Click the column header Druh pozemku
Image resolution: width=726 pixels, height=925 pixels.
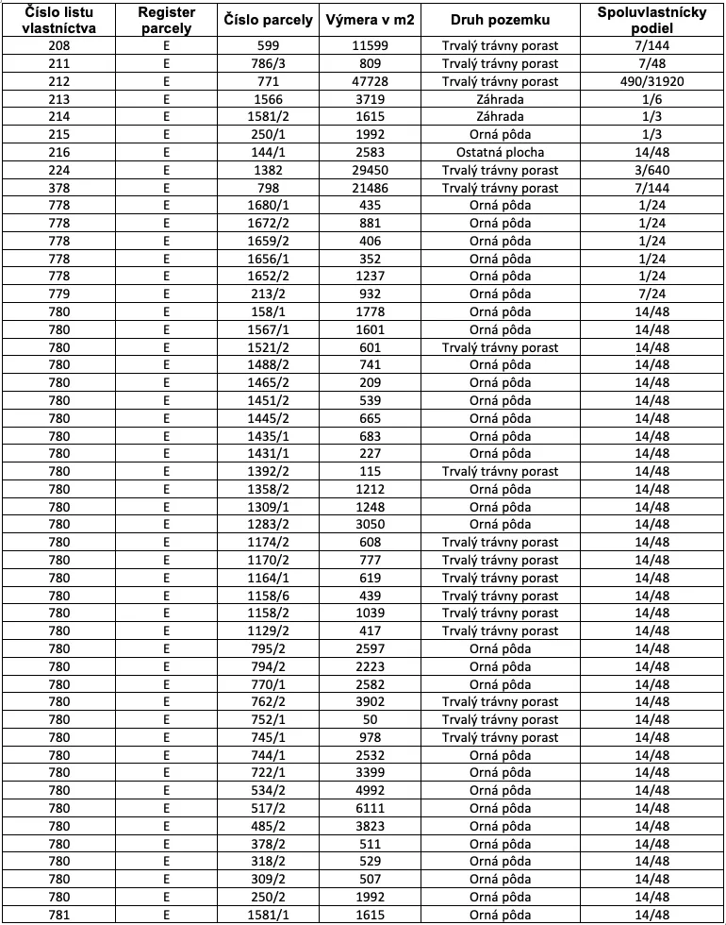[x=500, y=20]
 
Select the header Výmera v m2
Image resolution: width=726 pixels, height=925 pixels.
[x=371, y=20]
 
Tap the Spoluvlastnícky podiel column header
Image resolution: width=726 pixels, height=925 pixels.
[x=652, y=20]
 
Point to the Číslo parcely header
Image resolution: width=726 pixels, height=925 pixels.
[x=269, y=20]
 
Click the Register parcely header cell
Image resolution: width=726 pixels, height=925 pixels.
[x=166, y=20]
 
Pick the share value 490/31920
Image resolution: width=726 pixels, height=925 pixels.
[x=652, y=81]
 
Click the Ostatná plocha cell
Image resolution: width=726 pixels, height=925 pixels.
[x=500, y=152]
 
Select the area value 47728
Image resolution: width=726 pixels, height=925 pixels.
[x=371, y=81]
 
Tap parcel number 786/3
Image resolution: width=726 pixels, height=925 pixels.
[x=269, y=63]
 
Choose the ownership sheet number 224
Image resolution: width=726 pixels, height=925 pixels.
[x=59, y=170]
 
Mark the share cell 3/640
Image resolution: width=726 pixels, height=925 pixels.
[x=652, y=170]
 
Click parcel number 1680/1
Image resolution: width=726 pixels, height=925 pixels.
[x=269, y=205]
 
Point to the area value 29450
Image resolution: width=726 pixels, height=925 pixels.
[x=371, y=170]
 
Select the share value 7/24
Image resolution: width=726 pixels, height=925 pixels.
[x=652, y=294]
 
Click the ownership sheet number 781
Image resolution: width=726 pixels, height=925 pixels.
[x=59, y=915]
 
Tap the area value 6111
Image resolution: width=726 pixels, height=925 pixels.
[x=371, y=808]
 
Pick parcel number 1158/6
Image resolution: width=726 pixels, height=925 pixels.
[x=269, y=596]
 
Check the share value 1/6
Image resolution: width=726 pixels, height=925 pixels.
[x=652, y=99]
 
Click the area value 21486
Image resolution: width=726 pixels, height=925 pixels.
[x=371, y=188]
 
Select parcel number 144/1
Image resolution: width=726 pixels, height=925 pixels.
[x=269, y=152]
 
